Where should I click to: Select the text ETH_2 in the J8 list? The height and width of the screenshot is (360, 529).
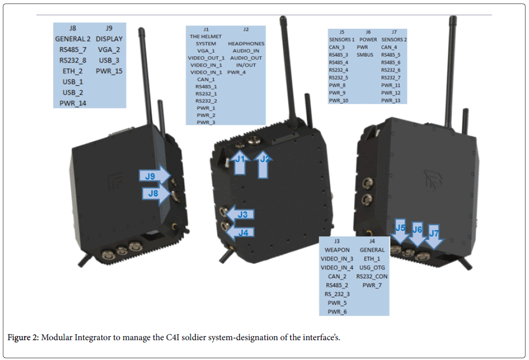point(72,71)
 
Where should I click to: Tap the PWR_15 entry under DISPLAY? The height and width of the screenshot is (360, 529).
point(109,71)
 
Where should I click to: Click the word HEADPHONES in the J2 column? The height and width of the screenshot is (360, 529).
point(246,44)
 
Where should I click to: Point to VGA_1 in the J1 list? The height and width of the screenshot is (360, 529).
point(205,51)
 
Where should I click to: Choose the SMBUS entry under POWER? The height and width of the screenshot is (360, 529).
point(365,55)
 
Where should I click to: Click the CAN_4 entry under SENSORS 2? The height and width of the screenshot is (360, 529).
point(390,47)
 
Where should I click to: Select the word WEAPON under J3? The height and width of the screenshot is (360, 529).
point(337,250)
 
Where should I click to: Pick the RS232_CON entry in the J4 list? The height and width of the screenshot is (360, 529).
point(372,276)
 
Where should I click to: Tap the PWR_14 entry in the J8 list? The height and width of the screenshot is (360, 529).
point(72,103)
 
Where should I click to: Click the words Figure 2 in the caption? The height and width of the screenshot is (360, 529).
point(23,337)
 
